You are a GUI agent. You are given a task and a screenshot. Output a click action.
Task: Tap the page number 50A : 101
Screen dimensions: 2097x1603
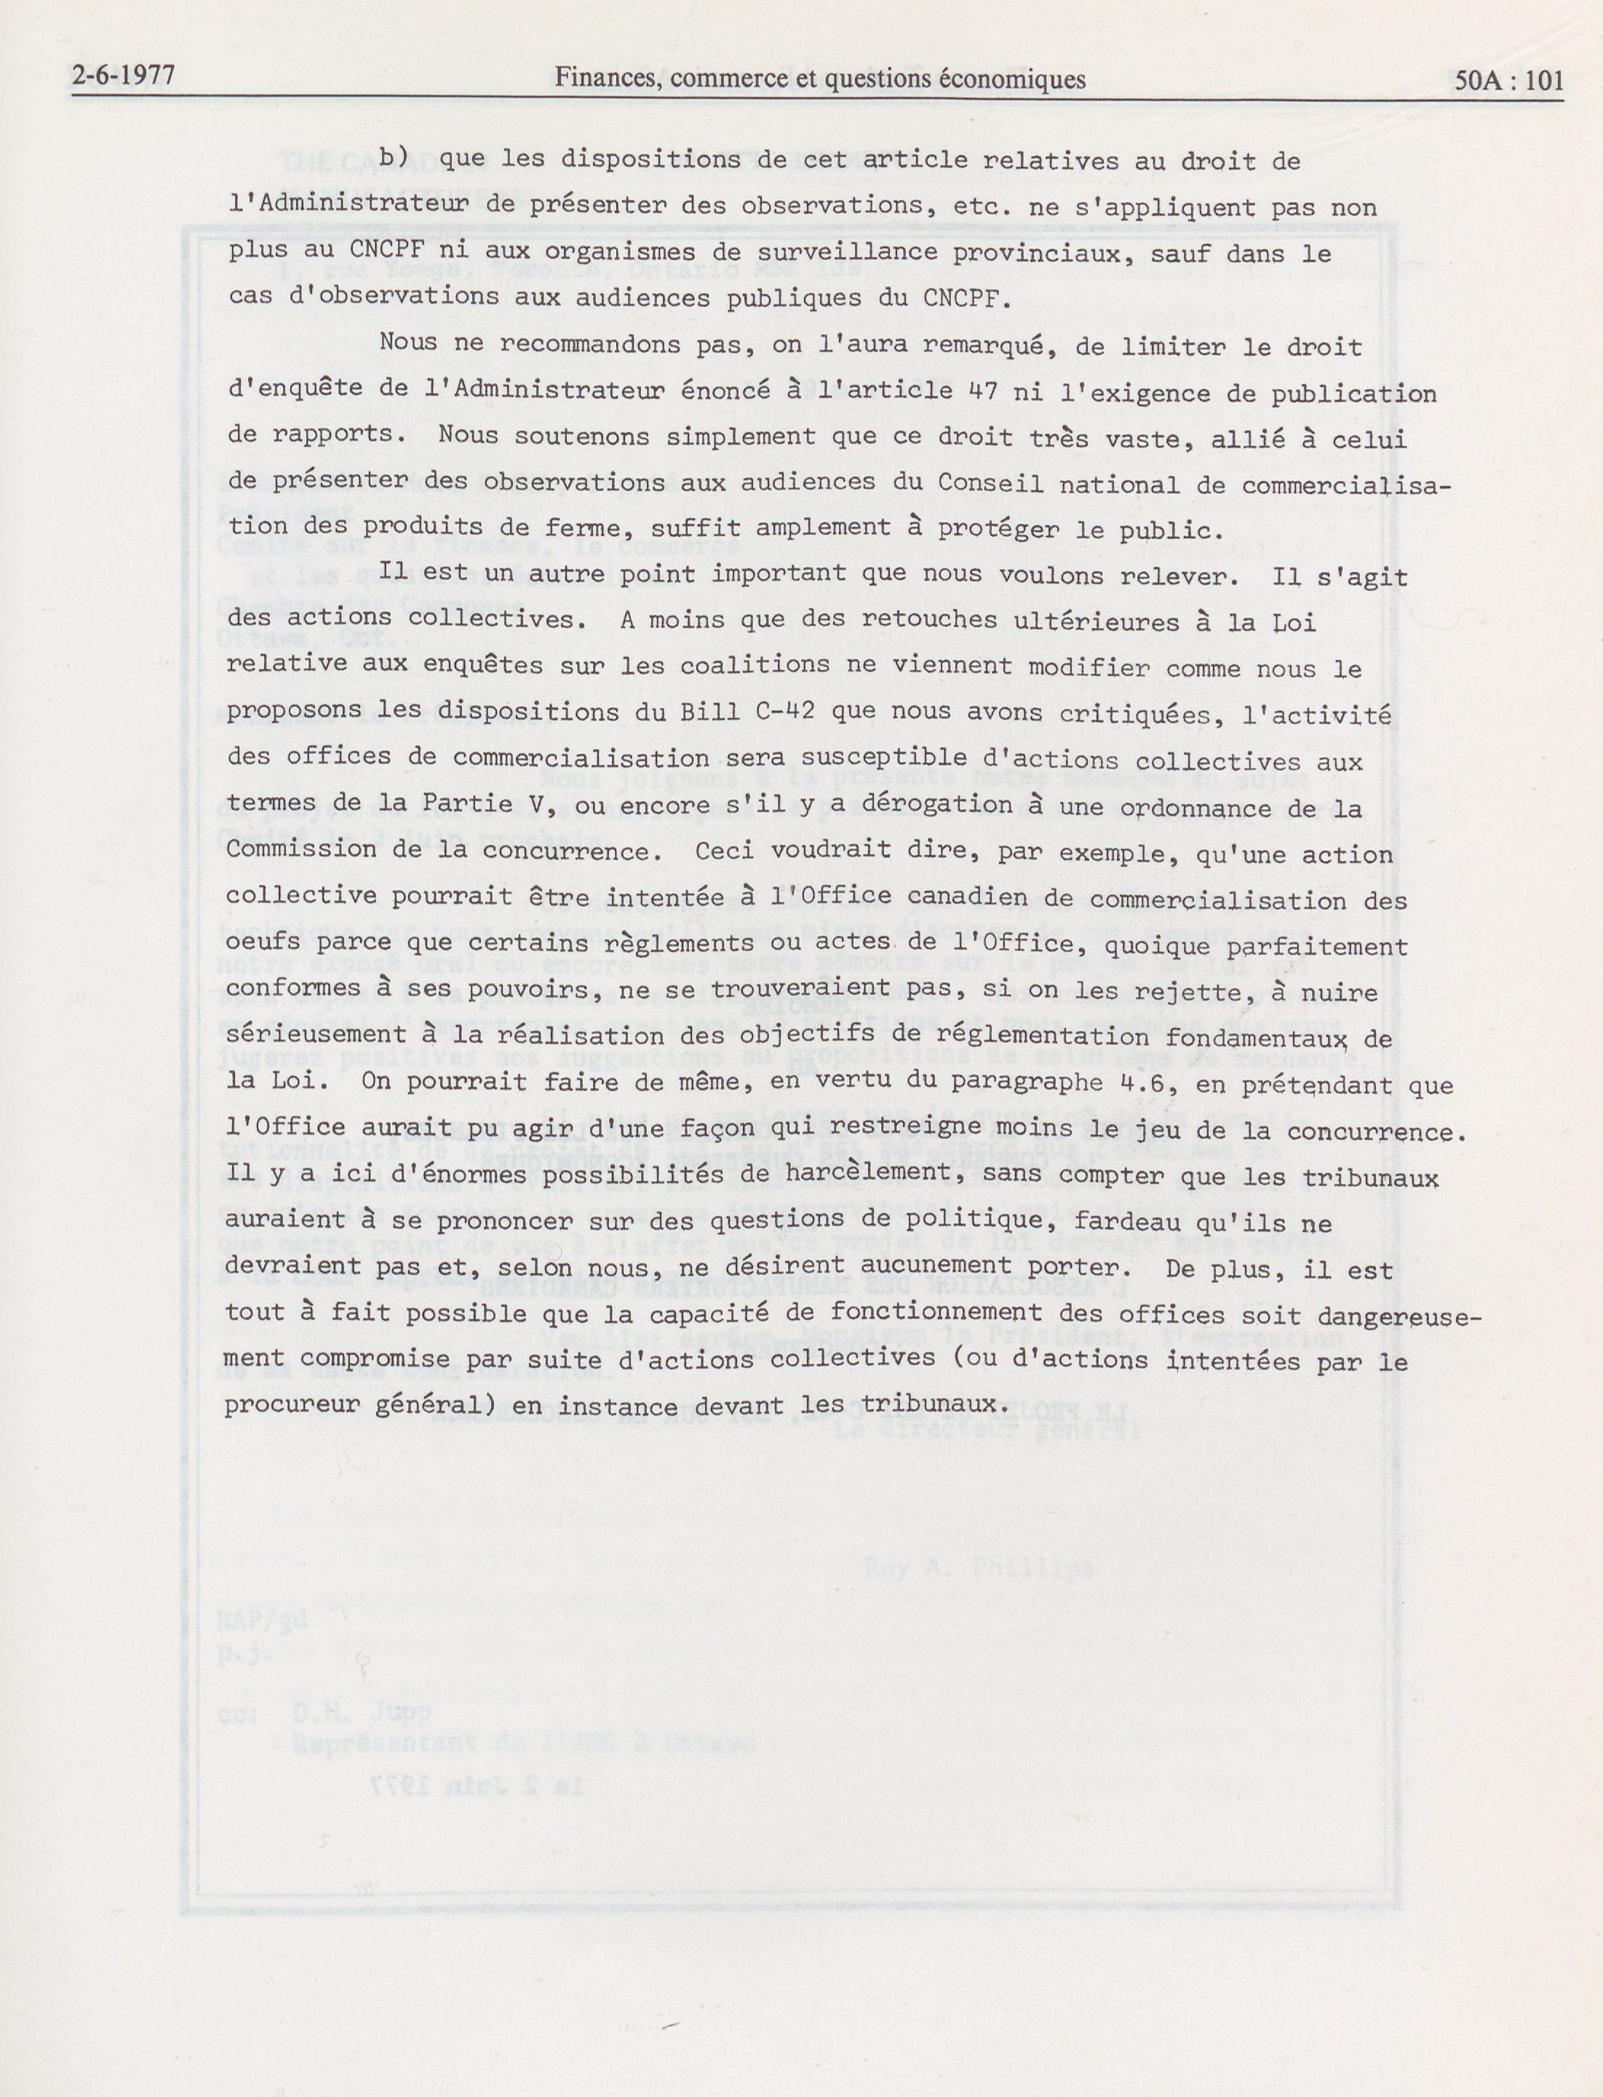(1509, 80)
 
